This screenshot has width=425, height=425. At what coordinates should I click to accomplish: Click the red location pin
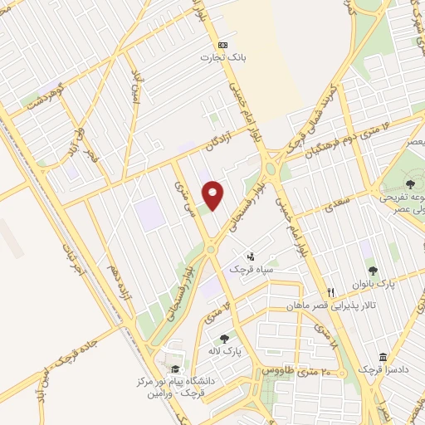(214, 194)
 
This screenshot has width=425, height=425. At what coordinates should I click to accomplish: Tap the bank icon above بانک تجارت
(222, 44)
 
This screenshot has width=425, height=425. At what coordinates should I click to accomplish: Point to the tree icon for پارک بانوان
(372, 271)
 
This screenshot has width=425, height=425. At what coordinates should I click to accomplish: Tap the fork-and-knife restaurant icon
(331, 292)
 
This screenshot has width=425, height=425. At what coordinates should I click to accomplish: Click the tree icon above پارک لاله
(225, 338)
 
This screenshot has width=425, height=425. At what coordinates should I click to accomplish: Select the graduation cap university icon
(174, 369)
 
